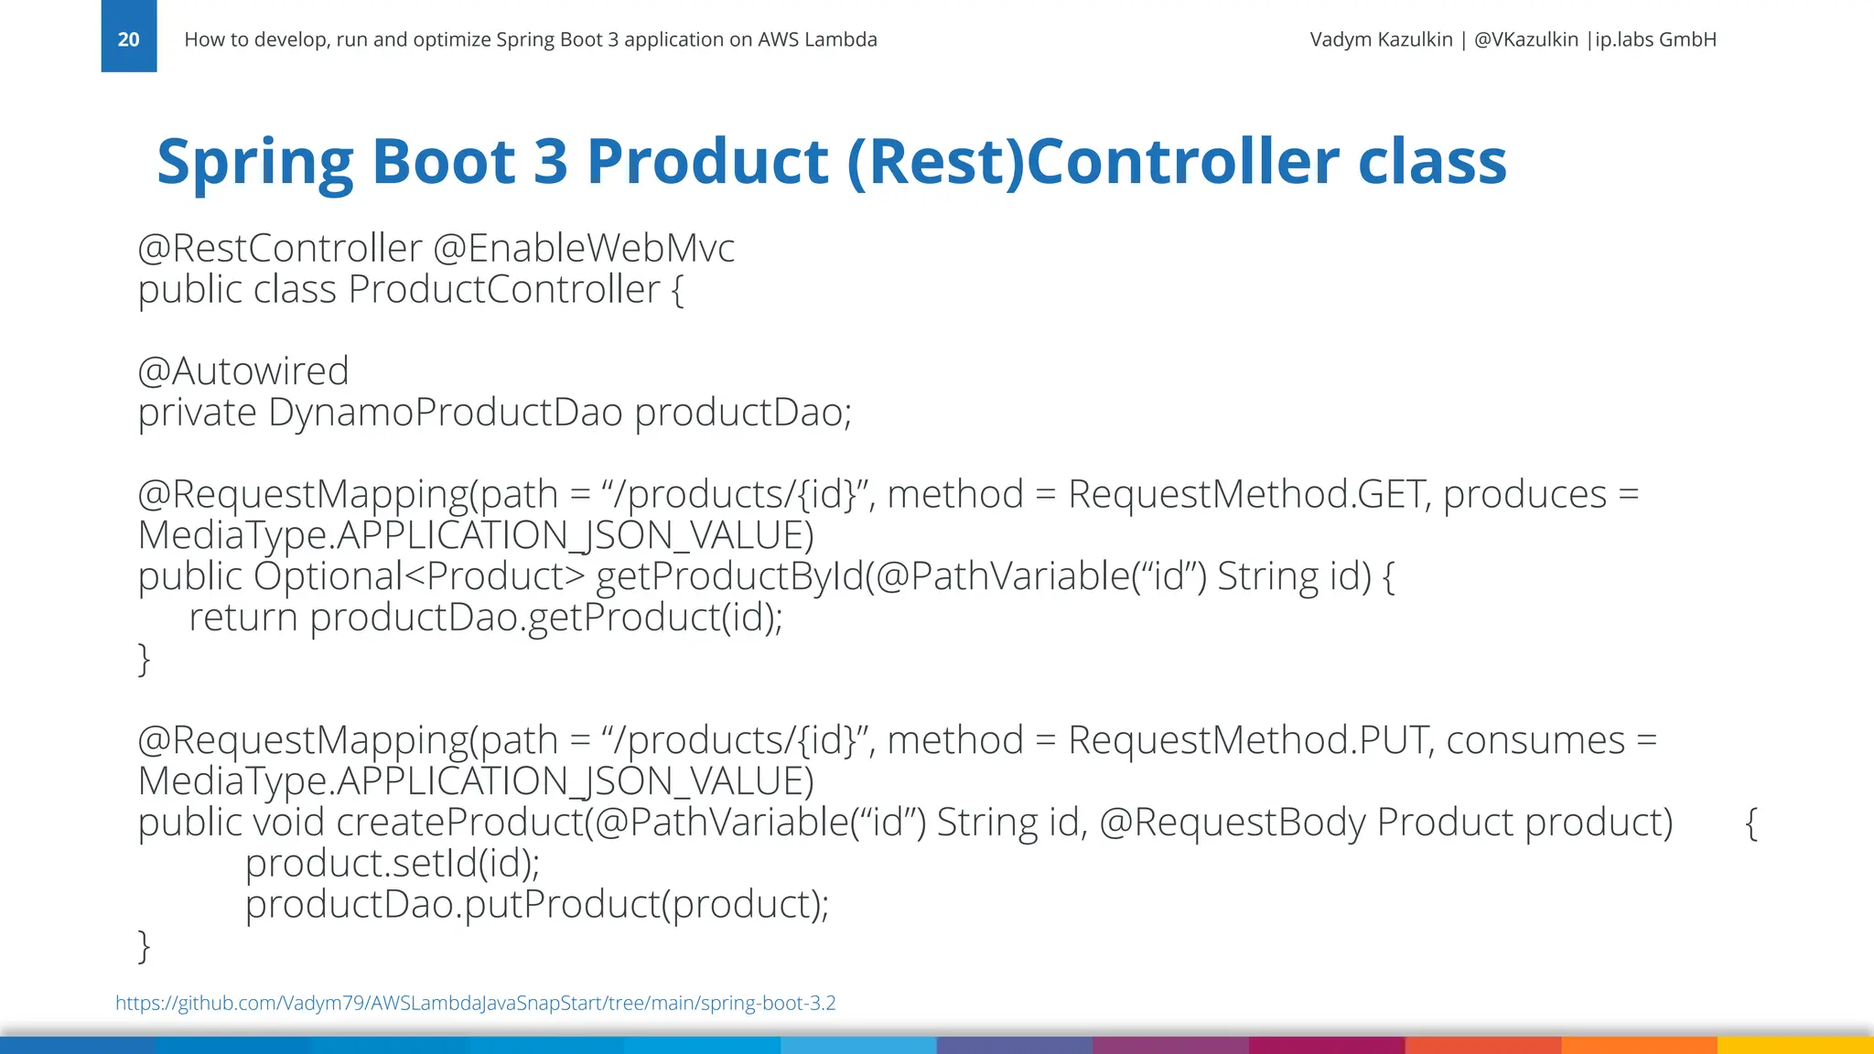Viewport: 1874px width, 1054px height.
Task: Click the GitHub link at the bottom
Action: (x=475, y=1003)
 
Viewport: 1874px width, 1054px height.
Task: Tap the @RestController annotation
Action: (x=279, y=248)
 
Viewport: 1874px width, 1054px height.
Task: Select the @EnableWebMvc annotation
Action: (x=583, y=248)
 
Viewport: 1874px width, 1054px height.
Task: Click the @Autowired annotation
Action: (x=242, y=371)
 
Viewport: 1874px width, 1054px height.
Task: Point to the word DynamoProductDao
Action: (x=445, y=413)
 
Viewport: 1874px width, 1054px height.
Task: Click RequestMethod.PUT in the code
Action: (x=1247, y=741)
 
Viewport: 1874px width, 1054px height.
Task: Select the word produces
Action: (x=1524, y=495)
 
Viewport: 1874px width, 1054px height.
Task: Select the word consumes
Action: (x=1535, y=741)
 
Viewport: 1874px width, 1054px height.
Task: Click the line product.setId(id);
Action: (x=392, y=864)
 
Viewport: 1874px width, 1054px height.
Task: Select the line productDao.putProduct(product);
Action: (x=536, y=905)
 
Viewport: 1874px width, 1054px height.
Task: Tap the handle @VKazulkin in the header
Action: (x=1525, y=39)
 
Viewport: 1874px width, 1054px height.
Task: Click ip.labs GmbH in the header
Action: (x=1655, y=39)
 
